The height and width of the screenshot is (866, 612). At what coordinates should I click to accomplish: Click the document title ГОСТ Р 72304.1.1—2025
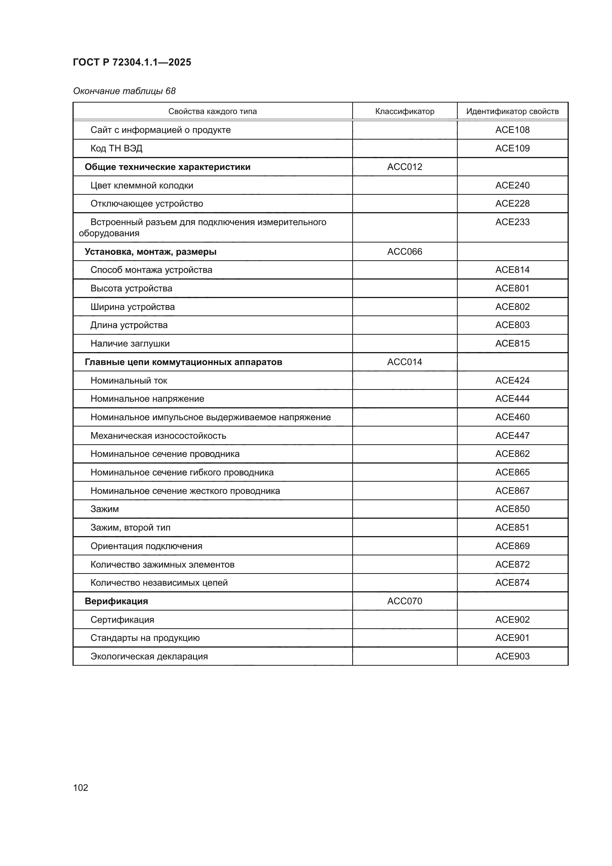[x=132, y=62]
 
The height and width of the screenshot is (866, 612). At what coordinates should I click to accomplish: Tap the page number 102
[x=81, y=788]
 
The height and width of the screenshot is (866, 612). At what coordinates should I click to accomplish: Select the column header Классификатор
[x=404, y=111]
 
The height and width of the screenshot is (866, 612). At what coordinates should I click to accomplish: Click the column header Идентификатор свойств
[x=512, y=111]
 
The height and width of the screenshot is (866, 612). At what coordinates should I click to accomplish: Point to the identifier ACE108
[x=512, y=130]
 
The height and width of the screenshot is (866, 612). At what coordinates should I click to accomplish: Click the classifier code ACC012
[x=404, y=167]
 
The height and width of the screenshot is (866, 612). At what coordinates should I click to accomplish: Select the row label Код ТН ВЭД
[x=116, y=148]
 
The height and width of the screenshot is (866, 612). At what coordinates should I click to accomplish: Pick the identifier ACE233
[x=512, y=222]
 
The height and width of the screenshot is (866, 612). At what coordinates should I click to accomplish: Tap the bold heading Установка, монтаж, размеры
[x=150, y=251]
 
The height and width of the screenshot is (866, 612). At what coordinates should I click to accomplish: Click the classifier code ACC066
[x=404, y=251]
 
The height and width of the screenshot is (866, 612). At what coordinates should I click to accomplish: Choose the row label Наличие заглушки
[x=130, y=343]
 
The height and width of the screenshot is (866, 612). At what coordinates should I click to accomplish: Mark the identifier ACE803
[x=512, y=325]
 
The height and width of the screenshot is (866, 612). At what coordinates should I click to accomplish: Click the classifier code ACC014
[x=404, y=362]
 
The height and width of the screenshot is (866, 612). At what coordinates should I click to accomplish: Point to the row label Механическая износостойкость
[x=158, y=436]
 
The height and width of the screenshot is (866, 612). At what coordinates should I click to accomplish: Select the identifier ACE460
[x=512, y=417]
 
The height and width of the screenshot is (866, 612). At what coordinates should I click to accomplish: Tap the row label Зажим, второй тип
[x=130, y=527]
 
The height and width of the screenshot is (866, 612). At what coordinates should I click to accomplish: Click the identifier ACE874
[x=512, y=582]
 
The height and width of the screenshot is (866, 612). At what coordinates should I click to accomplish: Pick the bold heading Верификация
[x=116, y=601]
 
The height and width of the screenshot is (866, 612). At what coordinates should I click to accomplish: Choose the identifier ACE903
[x=512, y=656]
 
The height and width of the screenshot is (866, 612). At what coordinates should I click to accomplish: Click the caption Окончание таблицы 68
[x=124, y=91]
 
